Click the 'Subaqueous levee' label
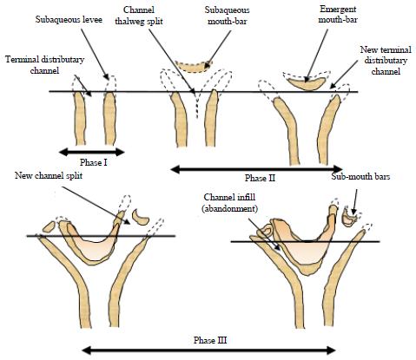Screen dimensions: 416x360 (69, 20)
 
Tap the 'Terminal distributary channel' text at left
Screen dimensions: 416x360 (45, 65)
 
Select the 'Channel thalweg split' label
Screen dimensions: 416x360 (139, 16)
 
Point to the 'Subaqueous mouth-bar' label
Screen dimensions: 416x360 (228, 16)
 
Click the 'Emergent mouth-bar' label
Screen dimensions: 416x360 (338, 15)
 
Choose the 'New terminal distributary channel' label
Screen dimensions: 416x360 (386, 60)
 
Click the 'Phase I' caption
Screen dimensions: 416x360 (94, 162)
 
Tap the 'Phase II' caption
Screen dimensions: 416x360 (260, 178)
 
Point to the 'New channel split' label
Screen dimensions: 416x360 (49, 175)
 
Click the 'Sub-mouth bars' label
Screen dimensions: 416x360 (360, 176)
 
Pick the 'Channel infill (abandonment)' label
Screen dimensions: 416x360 (229, 203)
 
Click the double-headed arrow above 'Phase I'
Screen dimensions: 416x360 (91, 152)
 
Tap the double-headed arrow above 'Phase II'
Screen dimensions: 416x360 (256, 169)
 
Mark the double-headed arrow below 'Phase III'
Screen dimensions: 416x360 (208, 350)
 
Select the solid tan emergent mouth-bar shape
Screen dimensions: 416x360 (307, 84)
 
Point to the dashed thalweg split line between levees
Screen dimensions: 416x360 (197, 105)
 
